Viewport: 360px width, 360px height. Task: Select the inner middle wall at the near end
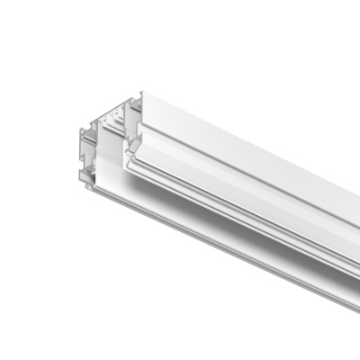(103, 144)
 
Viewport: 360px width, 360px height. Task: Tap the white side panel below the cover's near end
(112, 180)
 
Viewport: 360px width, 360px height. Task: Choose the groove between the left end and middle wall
(94, 153)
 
